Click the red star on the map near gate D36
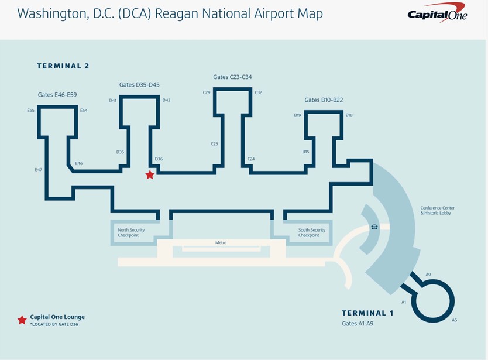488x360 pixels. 150,174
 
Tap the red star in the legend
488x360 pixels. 22,320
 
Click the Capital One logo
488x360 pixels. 438,13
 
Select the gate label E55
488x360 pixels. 30,110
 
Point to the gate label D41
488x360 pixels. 113,100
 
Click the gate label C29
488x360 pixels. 207,92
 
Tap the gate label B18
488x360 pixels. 349,115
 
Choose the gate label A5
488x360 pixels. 454,320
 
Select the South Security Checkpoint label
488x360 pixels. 312,232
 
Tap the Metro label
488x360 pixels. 221,242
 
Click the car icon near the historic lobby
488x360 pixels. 374,227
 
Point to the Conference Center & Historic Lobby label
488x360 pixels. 437,211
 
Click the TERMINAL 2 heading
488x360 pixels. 63,66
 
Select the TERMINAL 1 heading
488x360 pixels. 367,313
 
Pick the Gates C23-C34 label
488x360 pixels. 232,77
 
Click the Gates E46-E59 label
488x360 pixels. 57,95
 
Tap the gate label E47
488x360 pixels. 39,170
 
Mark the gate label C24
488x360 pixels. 251,159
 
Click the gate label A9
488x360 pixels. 428,274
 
